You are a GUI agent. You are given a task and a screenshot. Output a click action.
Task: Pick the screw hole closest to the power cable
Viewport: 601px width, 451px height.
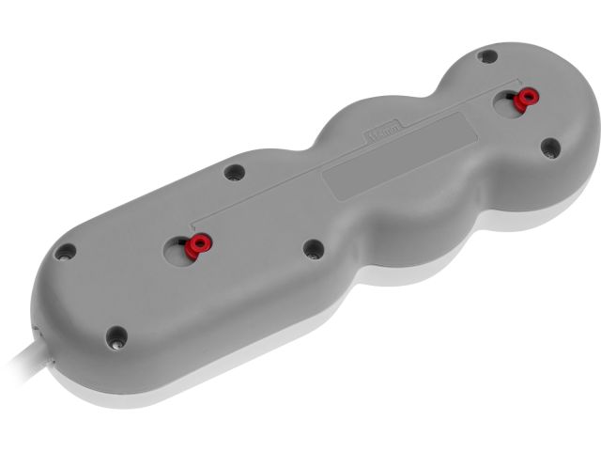pos(116,334)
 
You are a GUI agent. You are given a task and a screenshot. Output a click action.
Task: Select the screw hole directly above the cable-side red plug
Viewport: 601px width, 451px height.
pos(233,172)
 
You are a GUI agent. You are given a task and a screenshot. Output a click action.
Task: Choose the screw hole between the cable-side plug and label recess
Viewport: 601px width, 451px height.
pos(314,246)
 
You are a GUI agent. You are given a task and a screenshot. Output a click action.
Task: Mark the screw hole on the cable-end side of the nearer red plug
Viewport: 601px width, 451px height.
pos(65,253)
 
